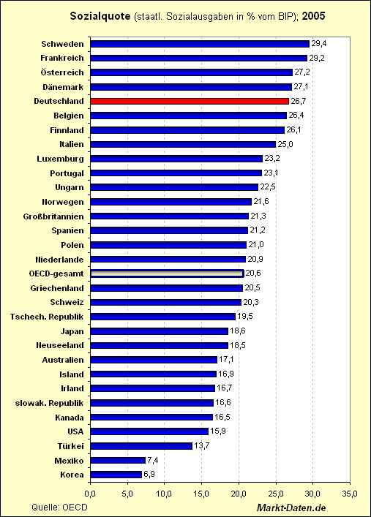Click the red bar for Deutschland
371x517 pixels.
pos(190,101)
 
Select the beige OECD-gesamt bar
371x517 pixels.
pos(167,273)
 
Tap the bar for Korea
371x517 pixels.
pos(116,475)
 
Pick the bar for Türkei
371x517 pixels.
pos(141,446)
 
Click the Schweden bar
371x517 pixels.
pos(200,44)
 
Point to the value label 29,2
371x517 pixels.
pos(317,58)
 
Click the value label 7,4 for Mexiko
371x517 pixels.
pos(153,460)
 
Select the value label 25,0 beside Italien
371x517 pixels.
pos(285,144)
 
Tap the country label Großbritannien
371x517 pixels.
pos(53,216)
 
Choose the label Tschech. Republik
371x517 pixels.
pos(47,317)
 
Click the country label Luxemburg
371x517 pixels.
pos(61,159)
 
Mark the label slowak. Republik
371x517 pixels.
pos(50,403)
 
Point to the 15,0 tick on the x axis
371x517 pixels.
pos(201,494)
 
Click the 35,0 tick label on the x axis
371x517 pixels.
pos(350,494)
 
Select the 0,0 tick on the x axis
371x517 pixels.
pos(90,494)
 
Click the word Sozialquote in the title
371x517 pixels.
pos(100,16)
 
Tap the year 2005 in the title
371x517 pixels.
pos(314,16)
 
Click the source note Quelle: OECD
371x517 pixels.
pos(59,507)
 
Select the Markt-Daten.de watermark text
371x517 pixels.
pos(291,507)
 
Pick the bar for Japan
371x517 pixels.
pos(160,331)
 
